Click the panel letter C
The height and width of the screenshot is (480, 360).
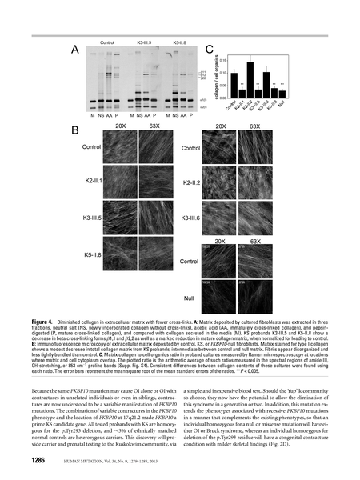(210, 49)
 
